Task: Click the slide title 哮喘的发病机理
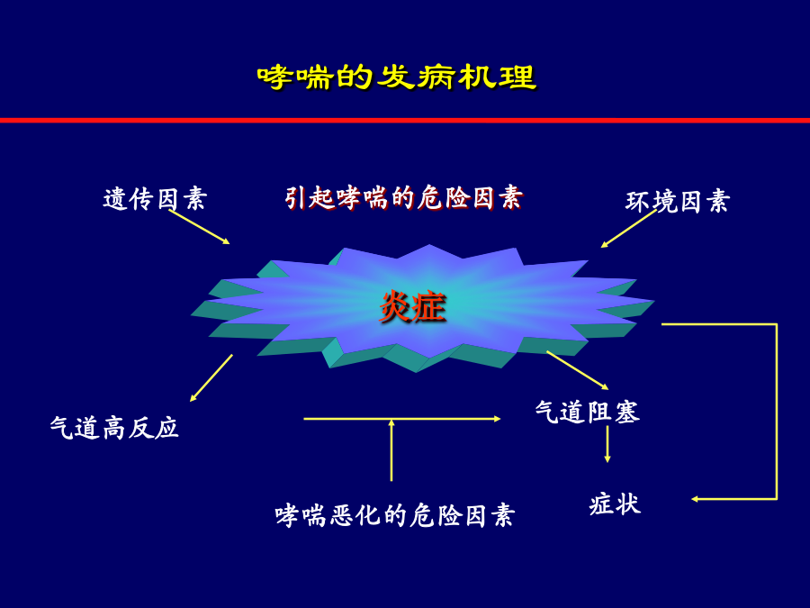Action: pyautogui.click(x=397, y=77)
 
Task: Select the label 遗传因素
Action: pyautogui.click(x=155, y=199)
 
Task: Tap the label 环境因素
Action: pyautogui.click(x=678, y=202)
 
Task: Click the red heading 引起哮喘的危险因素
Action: pyautogui.click(x=404, y=198)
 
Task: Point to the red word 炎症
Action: pyautogui.click(x=412, y=307)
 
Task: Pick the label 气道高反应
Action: pyautogui.click(x=114, y=428)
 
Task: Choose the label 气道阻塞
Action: pyautogui.click(x=588, y=412)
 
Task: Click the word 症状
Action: pyautogui.click(x=615, y=504)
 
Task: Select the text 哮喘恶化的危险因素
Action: pyautogui.click(x=395, y=515)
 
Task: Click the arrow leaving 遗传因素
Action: pyautogui.click(x=200, y=227)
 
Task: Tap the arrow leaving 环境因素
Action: pyautogui.click(x=629, y=229)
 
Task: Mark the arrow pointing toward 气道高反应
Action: pyautogui.click(x=211, y=378)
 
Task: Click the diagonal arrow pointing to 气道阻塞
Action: pyautogui.click(x=578, y=370)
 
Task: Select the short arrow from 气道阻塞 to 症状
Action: pyautogui.click(x=607, y=443)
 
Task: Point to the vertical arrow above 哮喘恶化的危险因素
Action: pyautogui.click(x=391, y=450)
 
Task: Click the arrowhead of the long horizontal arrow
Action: pyautogui.click(x=498, y=419)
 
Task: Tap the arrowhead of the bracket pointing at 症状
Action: pyautogui.click(x=696, y=499)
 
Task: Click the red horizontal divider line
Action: pyautogui.click(x=405, y=120)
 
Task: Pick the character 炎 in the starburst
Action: pyautogui.click(x=396, y=307)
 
